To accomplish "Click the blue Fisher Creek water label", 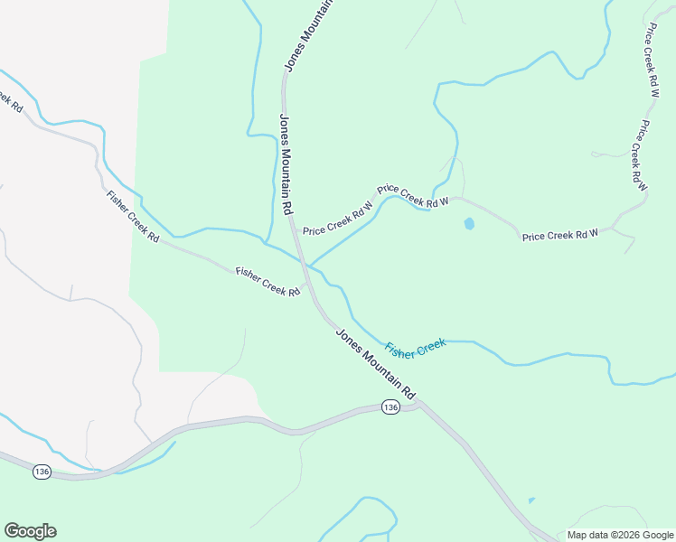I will pos(416,347).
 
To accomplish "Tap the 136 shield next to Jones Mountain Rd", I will pos(390,407).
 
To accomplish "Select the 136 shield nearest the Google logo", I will pos(42,472).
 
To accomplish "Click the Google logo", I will pos(30,531).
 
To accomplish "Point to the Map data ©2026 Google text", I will pos(620,535).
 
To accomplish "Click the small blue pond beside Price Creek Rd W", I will pos(469,223).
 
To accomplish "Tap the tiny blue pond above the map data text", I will pos(530,500).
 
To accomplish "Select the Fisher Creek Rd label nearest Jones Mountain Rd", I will pos(268,281).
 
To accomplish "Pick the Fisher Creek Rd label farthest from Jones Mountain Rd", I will pos(132,217).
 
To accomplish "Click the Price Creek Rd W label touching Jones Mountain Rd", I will pos(337,217).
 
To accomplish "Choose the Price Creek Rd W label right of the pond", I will pos(560,236).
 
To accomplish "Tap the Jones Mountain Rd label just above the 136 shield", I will pos(375,363).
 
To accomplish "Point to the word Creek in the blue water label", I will pos(429,343).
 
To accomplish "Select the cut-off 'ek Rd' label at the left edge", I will pos(11,98).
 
